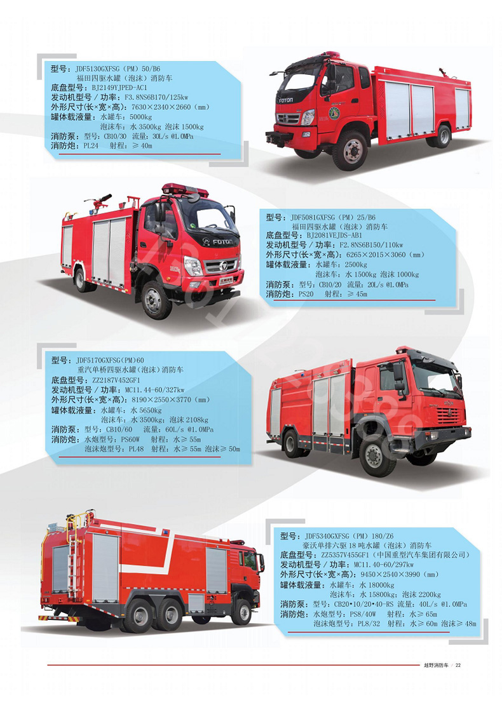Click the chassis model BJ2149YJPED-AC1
tap(119, 88)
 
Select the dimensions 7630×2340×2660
tap(161, 107)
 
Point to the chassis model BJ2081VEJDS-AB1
tap(334, 236)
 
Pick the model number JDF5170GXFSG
tap(98, 361)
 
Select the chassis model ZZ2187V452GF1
tap(116, 380)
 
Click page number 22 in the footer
tap(458, 665)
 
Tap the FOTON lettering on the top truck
tap(286, 100)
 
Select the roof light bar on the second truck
tap(185, 189)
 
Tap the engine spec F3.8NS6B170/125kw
tap(156, 97)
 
